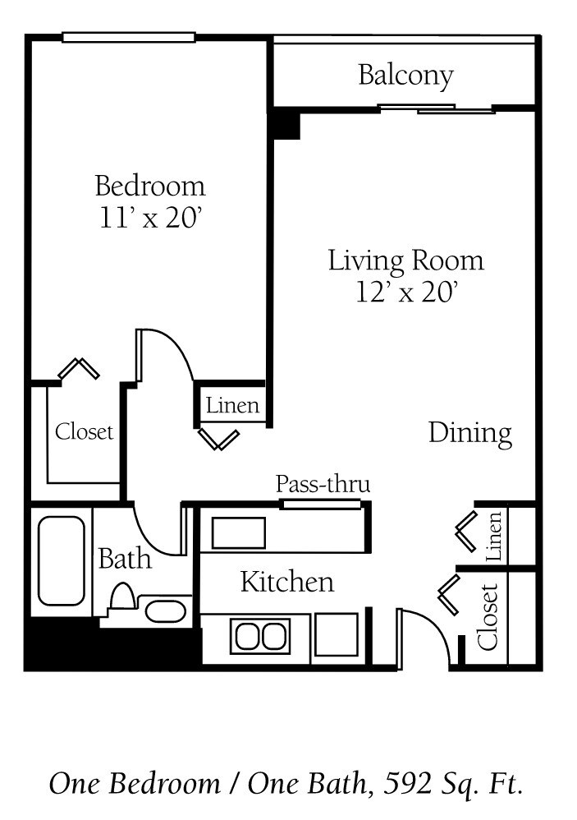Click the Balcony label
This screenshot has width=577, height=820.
pyautogui.click(x=405, y=76)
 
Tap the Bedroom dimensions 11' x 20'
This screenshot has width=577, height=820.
pyautogui.click(x=149, y=219)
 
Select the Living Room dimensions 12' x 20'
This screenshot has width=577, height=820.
pyautogui.click(x=405, y=292)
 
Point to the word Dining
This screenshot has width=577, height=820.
pyautogui.click(x=469, y=433)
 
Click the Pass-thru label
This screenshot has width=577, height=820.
pyautogui.click(x=323, y=484)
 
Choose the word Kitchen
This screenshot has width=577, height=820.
pyautogui.click(x=287, y=582)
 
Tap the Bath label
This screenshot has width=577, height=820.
pyautogui.click(x=125, y=559)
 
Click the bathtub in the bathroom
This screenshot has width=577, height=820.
pyautogui.click(x=62, y=560)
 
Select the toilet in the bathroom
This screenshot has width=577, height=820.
pyautogui.click(x=122, y=597)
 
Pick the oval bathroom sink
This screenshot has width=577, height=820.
pyautogui.click(x=165, y=611)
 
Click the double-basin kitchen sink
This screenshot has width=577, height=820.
pyautogui.click(x=259, y=636)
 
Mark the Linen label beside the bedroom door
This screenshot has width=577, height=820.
pyautogui.click(x=232, y=405)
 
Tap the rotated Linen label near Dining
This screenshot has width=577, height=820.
pyautogui.click(x=494, y=537)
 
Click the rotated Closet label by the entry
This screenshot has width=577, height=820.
pyautogui.click(x=488, y=616)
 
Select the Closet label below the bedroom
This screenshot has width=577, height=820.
pyautogui.click(x=85, y=431)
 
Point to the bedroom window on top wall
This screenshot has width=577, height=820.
pyautogui.click(x=129, y=37)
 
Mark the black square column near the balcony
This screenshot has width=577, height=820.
pyautogui.click(x=285, y=124)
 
